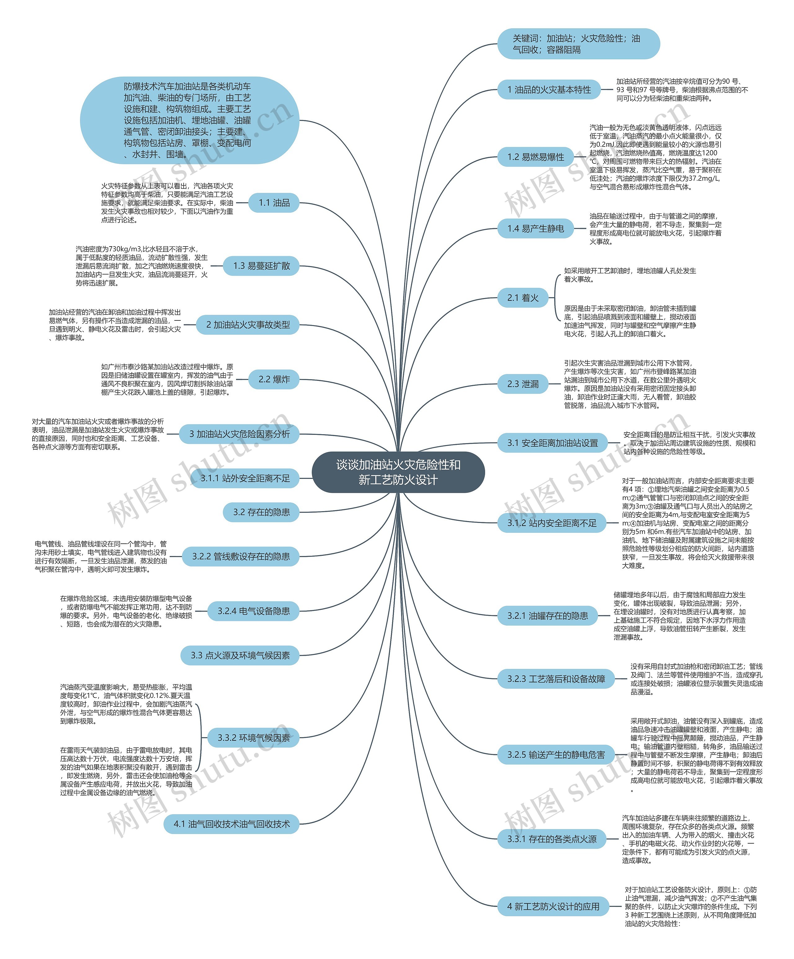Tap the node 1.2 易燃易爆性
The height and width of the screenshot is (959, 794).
536,157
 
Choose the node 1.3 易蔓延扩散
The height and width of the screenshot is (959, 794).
261,266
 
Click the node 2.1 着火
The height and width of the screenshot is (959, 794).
523,298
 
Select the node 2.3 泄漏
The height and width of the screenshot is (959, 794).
523,384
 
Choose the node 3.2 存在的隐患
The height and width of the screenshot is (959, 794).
261,512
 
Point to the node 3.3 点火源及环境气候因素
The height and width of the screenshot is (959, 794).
240,655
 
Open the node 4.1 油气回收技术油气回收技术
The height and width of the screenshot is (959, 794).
231,824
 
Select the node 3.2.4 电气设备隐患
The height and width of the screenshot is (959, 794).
253,611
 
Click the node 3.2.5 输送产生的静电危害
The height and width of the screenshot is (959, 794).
556,755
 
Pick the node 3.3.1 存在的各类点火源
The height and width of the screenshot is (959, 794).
551,839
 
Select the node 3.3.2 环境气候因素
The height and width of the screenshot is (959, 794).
253,738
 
